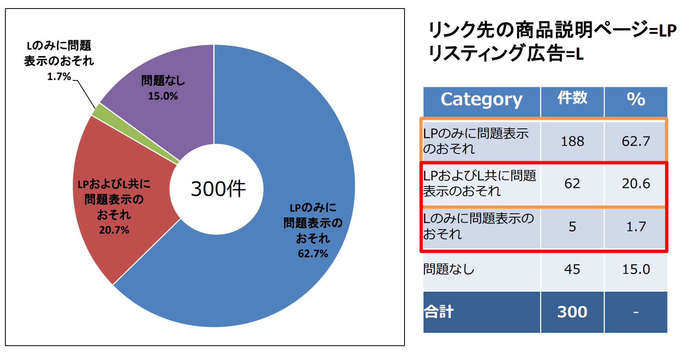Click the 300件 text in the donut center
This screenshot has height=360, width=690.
coord(218,189)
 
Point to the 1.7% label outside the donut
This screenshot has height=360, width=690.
coord(59,76)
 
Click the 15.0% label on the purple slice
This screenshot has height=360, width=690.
coord(163,96)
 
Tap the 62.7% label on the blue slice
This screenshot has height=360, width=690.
coord(313,254)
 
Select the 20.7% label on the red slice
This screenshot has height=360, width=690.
coord(114,230)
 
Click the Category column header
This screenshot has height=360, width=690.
coord(481,100)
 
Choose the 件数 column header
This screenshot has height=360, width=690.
coord(572,98)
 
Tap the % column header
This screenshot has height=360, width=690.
coord(636,100)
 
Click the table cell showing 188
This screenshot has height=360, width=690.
coord(572,141)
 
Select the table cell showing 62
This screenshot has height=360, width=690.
coord(572,184)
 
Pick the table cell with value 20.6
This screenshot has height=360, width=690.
coord(636,184)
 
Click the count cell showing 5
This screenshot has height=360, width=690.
coord(572,227)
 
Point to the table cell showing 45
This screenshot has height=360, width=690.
coord(572,269)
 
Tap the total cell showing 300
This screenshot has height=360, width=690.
coord(572,312)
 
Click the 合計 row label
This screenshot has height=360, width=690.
coord(439,312)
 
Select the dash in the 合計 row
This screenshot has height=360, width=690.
coord(636,312)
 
